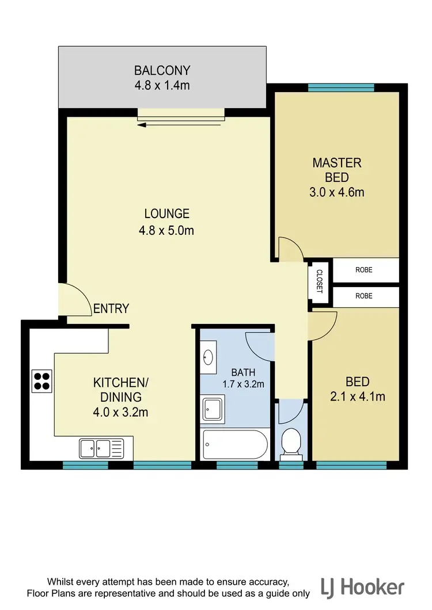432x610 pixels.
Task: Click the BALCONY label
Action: [x=162, y=71]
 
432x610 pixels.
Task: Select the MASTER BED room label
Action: [x=337, y=170]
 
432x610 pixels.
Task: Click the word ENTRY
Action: [x=111, y=309]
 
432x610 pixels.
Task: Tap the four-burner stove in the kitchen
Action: [x=41, y=380]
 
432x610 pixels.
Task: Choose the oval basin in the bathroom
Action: [x=208, y=357]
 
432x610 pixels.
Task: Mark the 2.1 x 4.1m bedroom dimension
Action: [x=357, y=396]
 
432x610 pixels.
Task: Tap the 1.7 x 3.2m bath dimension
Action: [x=243, y=383]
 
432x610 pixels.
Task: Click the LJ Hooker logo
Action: [x=363, y=587]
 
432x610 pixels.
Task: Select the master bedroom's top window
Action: [x=341, y=88]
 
